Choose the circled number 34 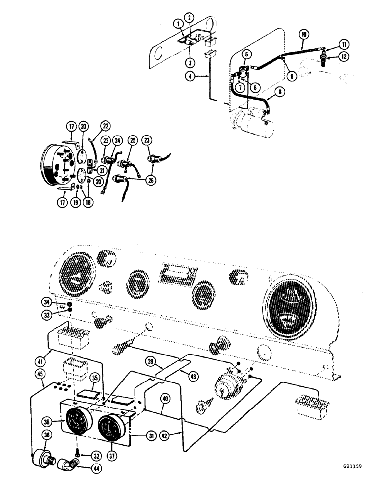pos(47,301)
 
